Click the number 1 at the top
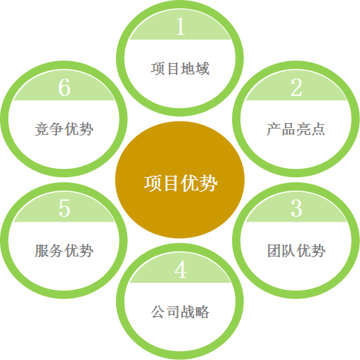[x=181, y=26]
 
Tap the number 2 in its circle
[x=296, y=87]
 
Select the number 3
[x=296, y=208]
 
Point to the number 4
[x=181, y=269]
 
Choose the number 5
[x=64, y=208]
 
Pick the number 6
[x=64, y=87]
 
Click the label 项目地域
[x=180, y=69]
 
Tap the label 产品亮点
[x=296, y=129]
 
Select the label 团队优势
[x=296, y=250]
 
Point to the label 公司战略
[x=180, y=311]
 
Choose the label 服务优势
[x=64, y=250]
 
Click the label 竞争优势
[x=64, y=129]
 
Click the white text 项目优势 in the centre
[x=181, y=183]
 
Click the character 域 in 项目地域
[x=202, y=69]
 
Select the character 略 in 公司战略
[x=202, y=311]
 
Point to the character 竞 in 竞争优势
[x=42, y=129]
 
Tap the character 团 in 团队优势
[x=275, y=250]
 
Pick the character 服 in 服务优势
[x=42, y=250]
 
